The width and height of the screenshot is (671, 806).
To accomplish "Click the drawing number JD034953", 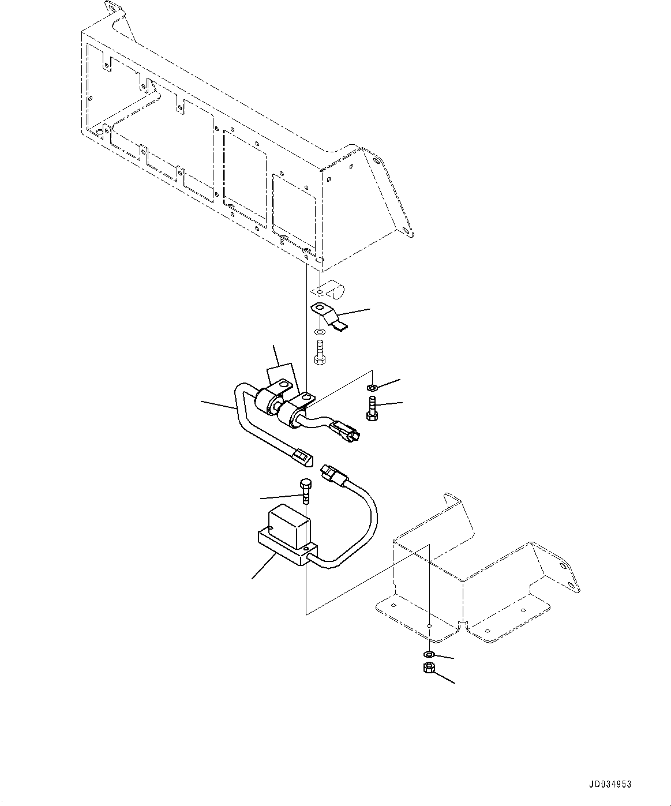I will [610, 785].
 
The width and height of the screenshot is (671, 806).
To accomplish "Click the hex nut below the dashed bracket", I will [429, 669].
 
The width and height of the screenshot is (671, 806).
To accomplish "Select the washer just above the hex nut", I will [429, 654].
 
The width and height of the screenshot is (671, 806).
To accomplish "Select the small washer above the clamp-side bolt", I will [372, 387].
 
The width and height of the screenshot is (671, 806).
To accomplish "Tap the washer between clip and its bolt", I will [319, 333].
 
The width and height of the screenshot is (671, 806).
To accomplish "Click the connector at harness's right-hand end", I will [347, 431].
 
